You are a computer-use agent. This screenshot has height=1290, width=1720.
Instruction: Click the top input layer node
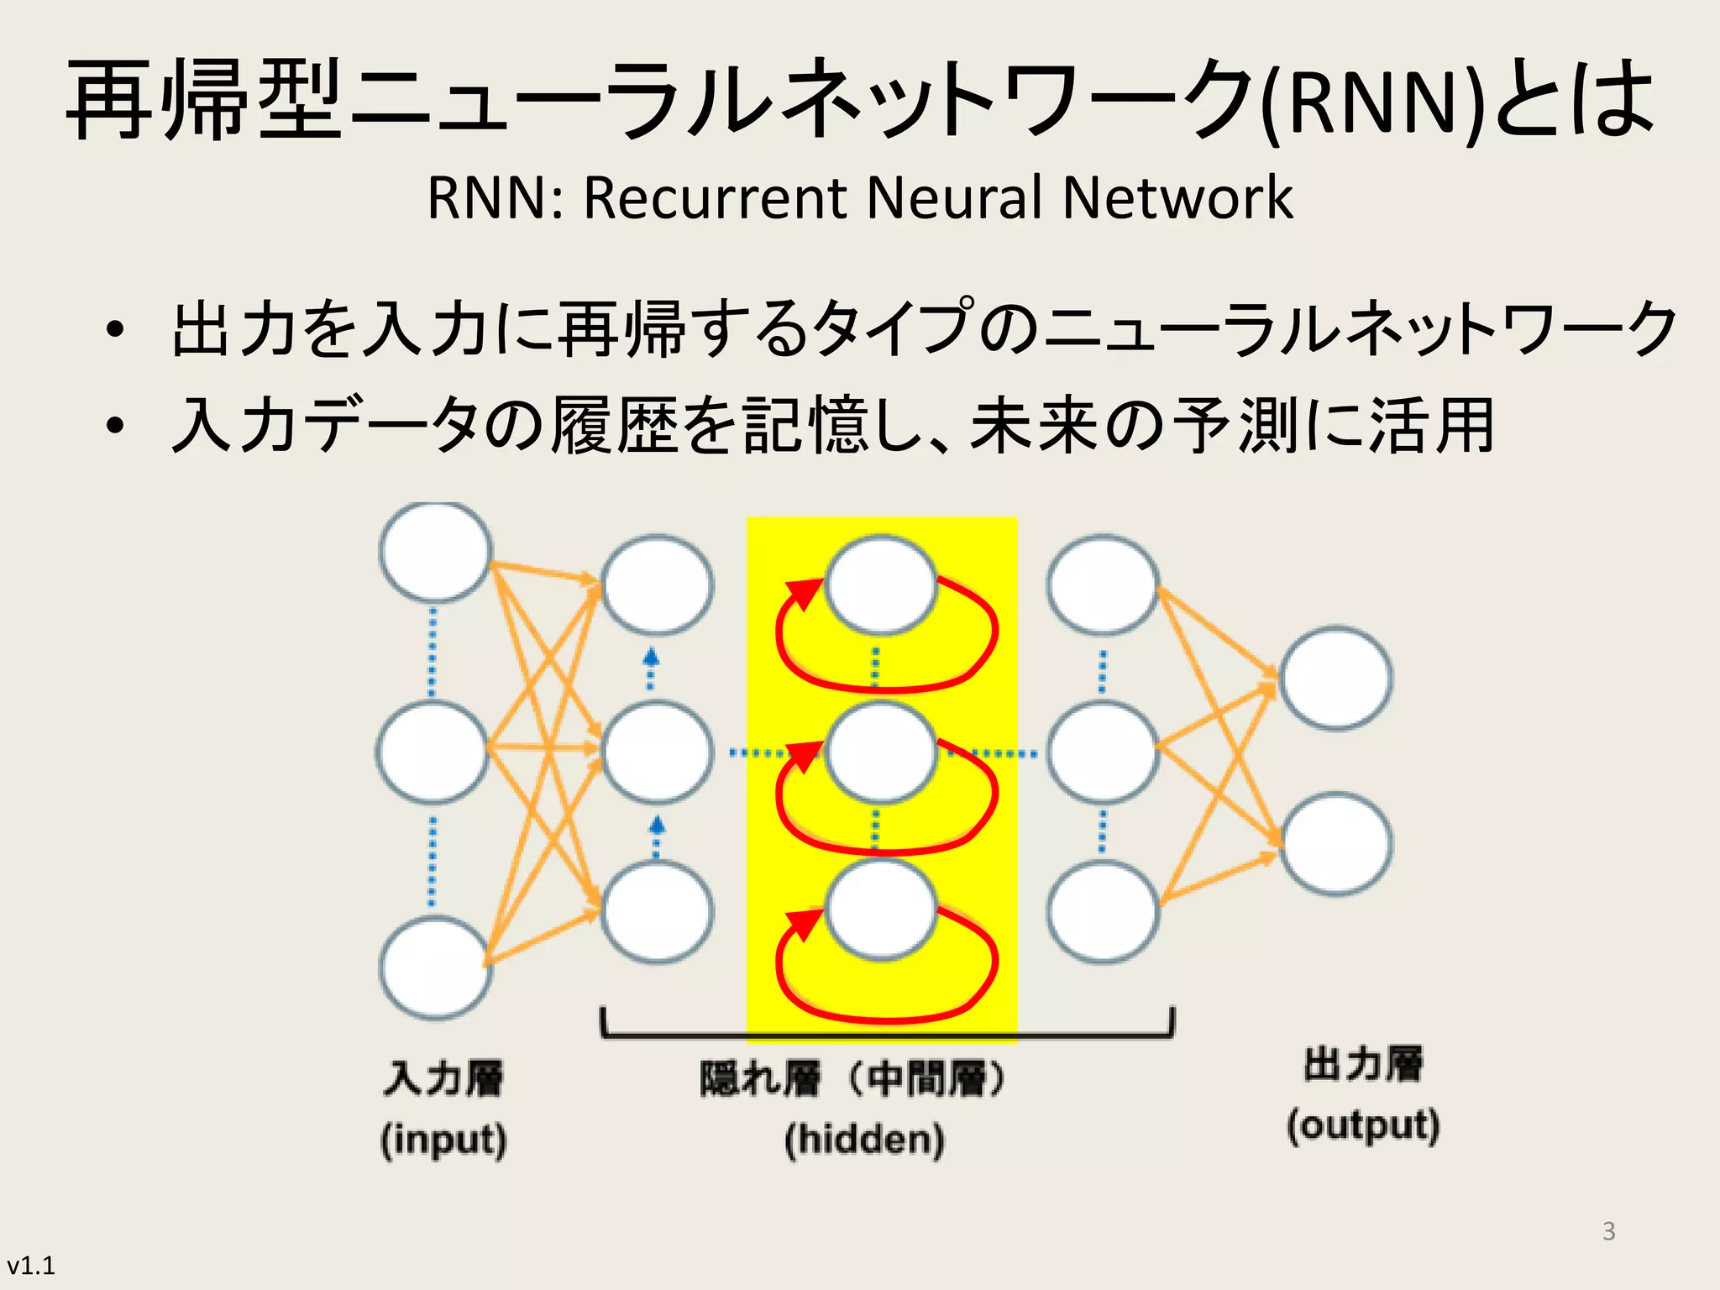coord(435,552)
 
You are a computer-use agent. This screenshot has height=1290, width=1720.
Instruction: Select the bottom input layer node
coord(435,967)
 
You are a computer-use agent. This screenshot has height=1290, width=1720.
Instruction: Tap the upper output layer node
coord(1335,677)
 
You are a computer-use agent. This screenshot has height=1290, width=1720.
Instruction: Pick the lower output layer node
coord(1335,843)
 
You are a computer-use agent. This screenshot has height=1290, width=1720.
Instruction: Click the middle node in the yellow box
coord(880,752)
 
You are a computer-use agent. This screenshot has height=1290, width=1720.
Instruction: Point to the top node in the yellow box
coord(880,585)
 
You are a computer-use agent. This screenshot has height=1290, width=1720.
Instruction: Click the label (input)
coord(443,1141)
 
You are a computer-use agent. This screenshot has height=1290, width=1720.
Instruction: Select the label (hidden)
coord(864,1141)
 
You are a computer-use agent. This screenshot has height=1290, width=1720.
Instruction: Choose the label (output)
coord(1363,1126)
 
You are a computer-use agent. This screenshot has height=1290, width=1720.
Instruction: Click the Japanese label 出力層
coord(1363,1065)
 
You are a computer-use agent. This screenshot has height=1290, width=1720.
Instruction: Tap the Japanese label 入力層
coord(443,1078)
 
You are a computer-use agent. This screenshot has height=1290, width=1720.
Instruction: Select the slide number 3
coord(1608,1231)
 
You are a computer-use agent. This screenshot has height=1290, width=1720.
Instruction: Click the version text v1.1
coord(31,1266)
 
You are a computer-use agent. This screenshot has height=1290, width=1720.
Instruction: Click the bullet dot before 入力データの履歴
coord(115,426)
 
